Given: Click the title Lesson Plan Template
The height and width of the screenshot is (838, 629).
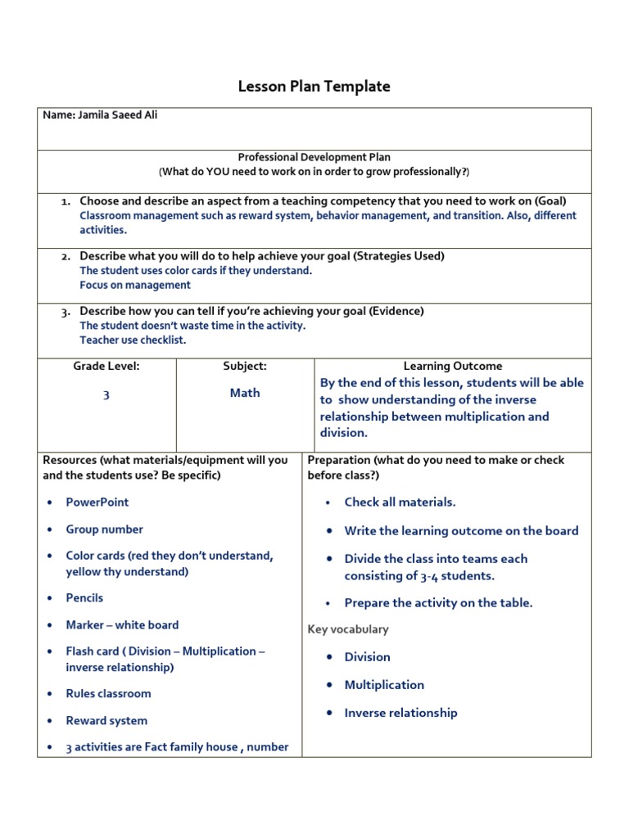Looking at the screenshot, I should tap(314, 87).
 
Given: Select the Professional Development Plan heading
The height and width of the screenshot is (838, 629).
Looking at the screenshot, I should tap(314, 157).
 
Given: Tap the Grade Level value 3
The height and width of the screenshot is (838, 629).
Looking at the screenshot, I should tap(106, 395).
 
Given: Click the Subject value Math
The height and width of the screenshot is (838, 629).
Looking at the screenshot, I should tap(245, 393).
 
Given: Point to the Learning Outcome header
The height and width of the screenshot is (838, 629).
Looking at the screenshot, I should tap(452, 367).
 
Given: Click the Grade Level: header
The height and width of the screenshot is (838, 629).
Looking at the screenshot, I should tap(106, 367).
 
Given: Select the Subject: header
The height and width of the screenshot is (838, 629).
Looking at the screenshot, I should tap(245, 367).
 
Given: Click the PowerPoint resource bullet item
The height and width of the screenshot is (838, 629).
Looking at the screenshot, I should tap(97, 502).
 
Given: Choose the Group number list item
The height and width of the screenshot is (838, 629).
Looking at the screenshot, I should tap(104, 529).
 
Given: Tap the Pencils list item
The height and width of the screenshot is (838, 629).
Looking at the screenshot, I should tap(84, 598).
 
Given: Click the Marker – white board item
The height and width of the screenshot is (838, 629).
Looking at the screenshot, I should tap(122, 625).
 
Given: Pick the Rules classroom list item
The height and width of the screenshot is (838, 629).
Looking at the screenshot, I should tap(108, 694).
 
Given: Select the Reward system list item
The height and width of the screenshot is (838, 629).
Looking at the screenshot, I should tap(106, 721).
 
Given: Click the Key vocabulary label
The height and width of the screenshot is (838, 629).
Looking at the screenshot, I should tap(348, 629).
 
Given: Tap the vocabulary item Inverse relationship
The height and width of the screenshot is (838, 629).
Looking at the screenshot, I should tap(400, 713).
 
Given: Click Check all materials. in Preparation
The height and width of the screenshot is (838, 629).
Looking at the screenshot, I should tap(400, 502).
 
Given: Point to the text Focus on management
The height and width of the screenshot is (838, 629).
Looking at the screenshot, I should tap(135, 286).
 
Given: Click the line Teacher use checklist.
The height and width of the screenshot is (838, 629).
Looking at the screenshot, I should tap(133, 340).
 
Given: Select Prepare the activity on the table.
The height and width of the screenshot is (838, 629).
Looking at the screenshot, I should tap(438, 603).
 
